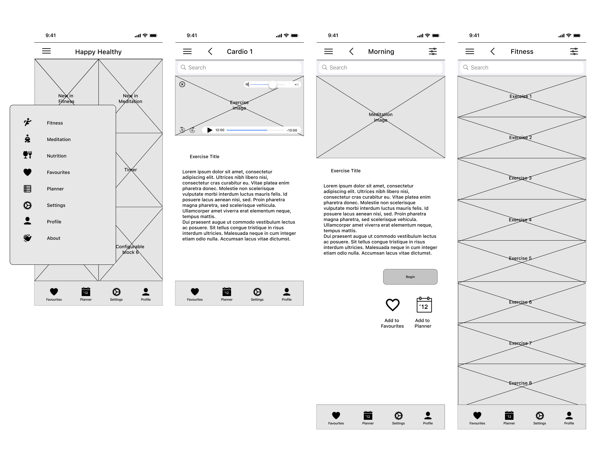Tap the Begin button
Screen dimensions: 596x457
point(410,277)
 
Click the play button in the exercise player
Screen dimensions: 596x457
point(210,130)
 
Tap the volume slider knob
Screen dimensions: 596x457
point(273,85)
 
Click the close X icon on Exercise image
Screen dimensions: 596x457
point(182,84)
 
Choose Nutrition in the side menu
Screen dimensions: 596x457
point(57,156)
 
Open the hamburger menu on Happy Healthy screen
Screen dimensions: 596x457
point(46,51)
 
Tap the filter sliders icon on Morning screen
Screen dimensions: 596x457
point(433,51)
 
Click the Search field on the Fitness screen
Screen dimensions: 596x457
point(522,67)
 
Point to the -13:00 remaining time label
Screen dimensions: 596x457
point(292,130)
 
